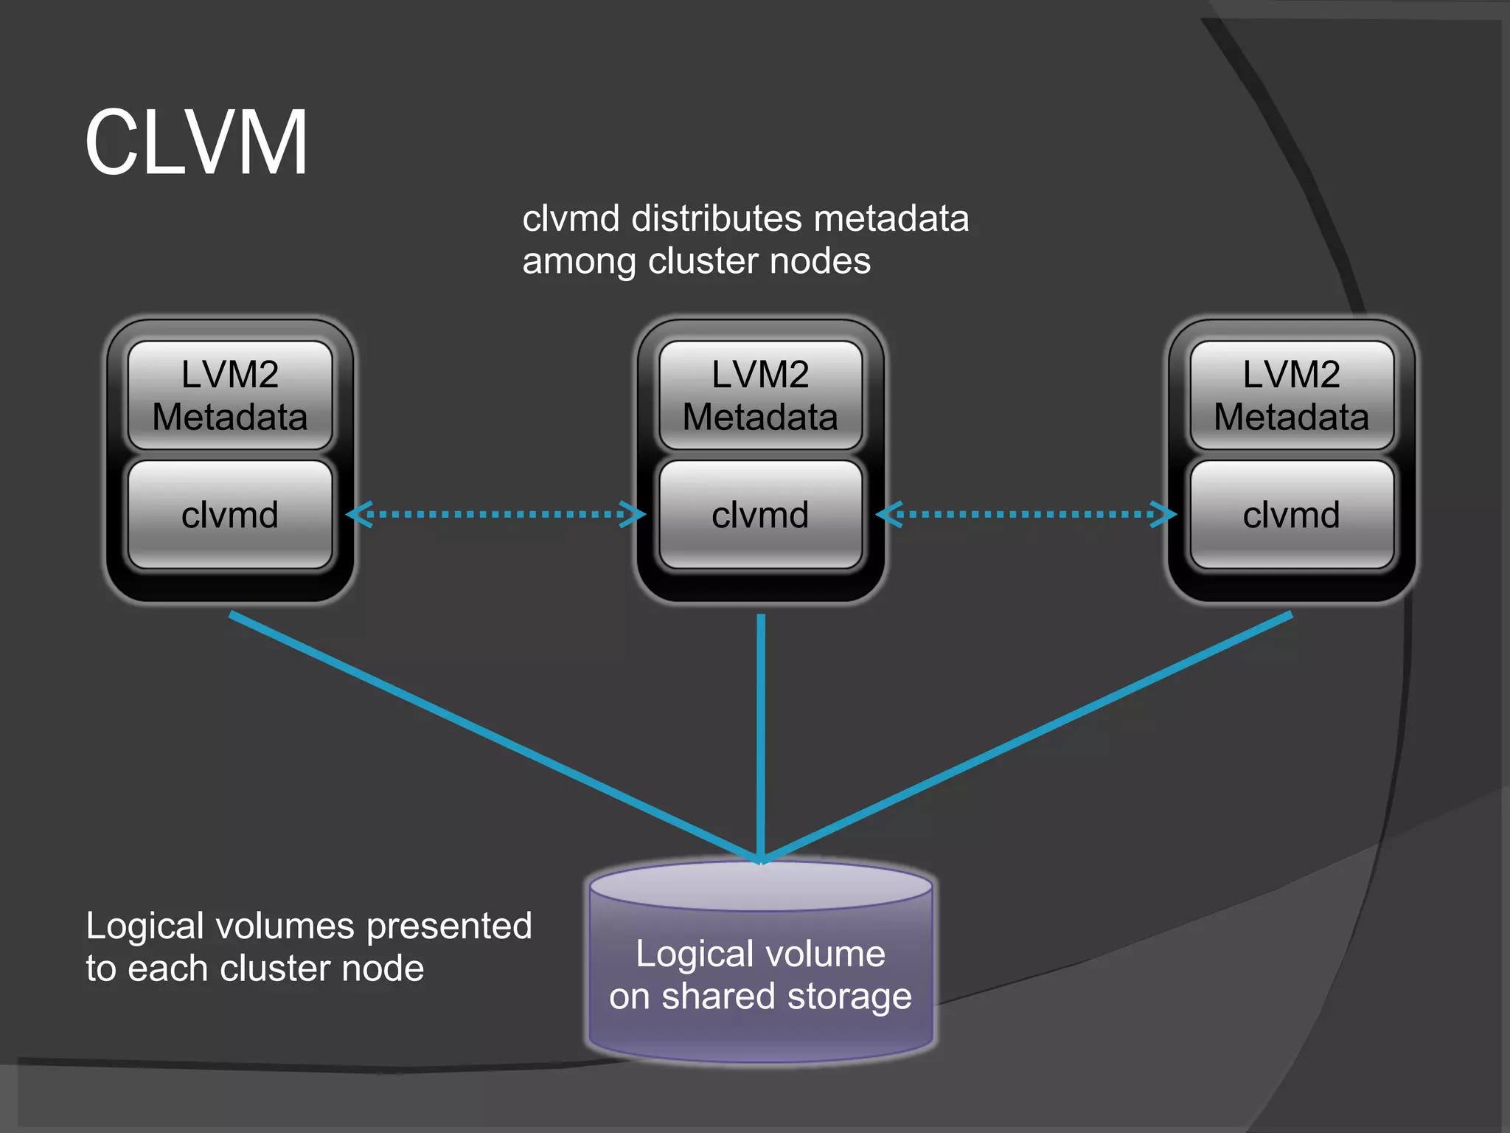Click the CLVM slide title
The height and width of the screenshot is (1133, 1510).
pos(196,142)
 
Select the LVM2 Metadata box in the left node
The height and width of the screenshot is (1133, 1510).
pos(230,395)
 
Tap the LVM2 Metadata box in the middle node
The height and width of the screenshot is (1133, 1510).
pos(760,395)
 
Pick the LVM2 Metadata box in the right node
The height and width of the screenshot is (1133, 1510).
pos(1291,395)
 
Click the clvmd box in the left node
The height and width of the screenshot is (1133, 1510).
pos(230,515)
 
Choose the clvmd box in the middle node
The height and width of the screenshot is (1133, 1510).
pos(760,515)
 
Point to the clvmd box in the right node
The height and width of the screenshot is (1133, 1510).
pos(1291,515)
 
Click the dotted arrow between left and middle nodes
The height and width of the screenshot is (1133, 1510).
pos(495,514)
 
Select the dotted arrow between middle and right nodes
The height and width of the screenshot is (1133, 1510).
pos(1026,514)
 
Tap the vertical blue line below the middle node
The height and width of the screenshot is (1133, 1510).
pos(760,738)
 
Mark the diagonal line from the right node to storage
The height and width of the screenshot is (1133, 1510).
pos(1026,738)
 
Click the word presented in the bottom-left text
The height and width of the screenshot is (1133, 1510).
pos(449,926)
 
